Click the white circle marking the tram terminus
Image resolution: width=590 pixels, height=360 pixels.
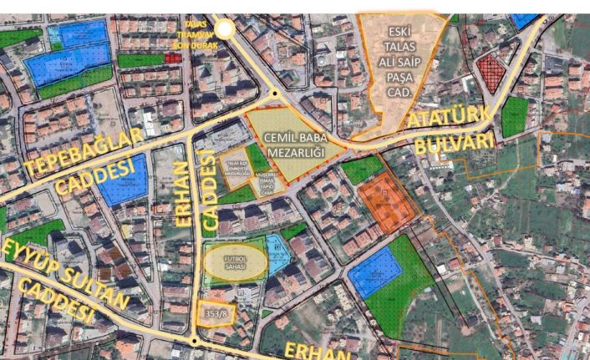(224, 30)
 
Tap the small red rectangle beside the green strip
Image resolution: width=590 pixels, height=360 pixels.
(172, 58)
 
